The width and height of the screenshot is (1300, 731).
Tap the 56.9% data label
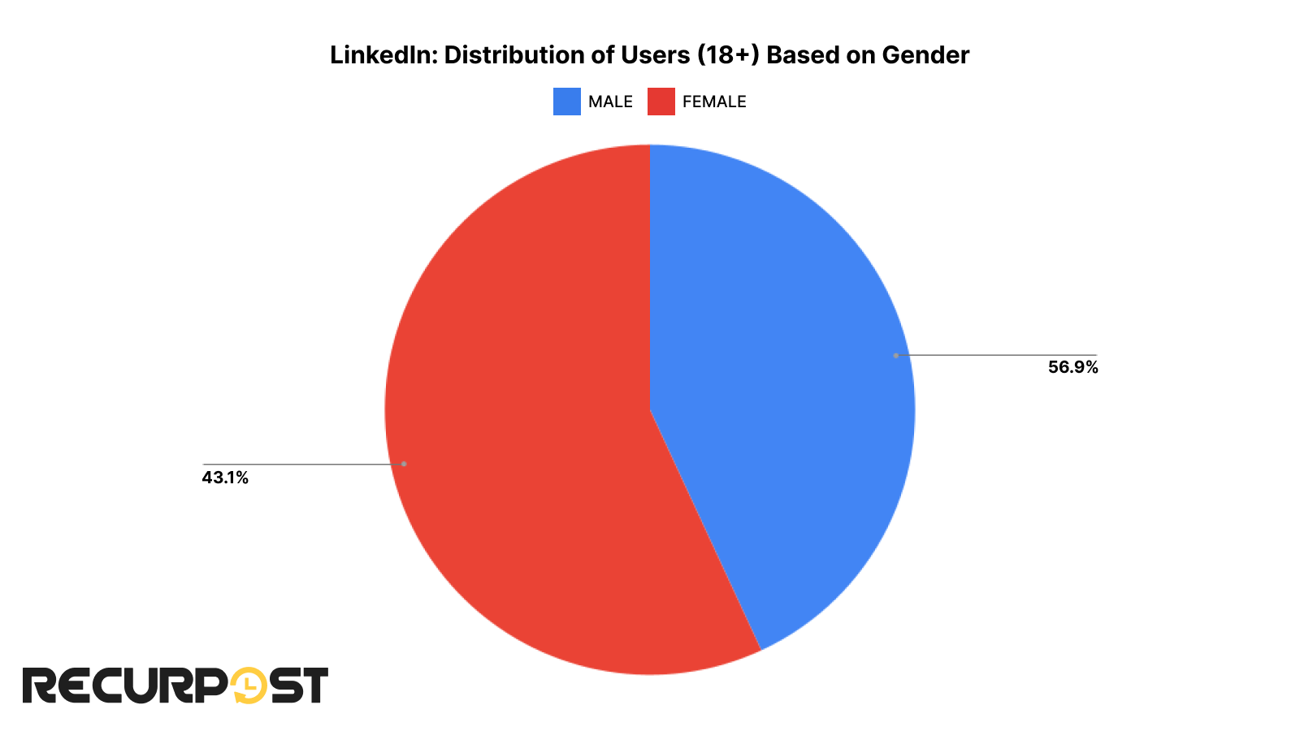(x=1072, y=367)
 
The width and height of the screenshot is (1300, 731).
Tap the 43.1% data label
(x=225, y=478)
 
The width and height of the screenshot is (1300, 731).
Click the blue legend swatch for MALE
(x=566, y=102)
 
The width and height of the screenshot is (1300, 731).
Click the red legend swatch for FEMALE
(x=661, y=102)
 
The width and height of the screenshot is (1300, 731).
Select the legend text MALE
(x=610, y=102)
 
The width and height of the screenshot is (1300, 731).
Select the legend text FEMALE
(x=714, y=102)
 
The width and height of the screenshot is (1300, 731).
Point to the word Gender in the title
(x=925, y=55)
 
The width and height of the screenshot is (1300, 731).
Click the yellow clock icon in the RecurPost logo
(x=249, y=686)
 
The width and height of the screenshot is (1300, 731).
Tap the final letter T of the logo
(x=314, y=686)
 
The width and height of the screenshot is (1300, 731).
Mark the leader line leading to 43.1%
(x=301, y=465)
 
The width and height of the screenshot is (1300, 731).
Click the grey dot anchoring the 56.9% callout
(x=895, y=355)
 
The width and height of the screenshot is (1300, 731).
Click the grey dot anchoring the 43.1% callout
(x=404, y=464)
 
